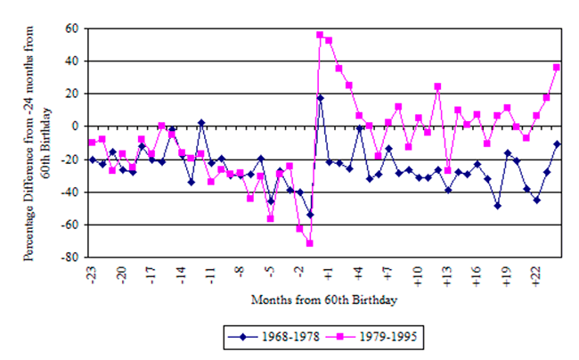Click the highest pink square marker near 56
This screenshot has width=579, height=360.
(319, 35)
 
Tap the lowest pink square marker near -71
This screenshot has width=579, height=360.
(309, 243)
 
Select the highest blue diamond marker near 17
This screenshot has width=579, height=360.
(319, 98)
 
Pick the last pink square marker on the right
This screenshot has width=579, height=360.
(556, 68)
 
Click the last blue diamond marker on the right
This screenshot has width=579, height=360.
(556, 143)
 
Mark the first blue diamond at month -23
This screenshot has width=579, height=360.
(93, 160)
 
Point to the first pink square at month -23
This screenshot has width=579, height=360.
(93, 143)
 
